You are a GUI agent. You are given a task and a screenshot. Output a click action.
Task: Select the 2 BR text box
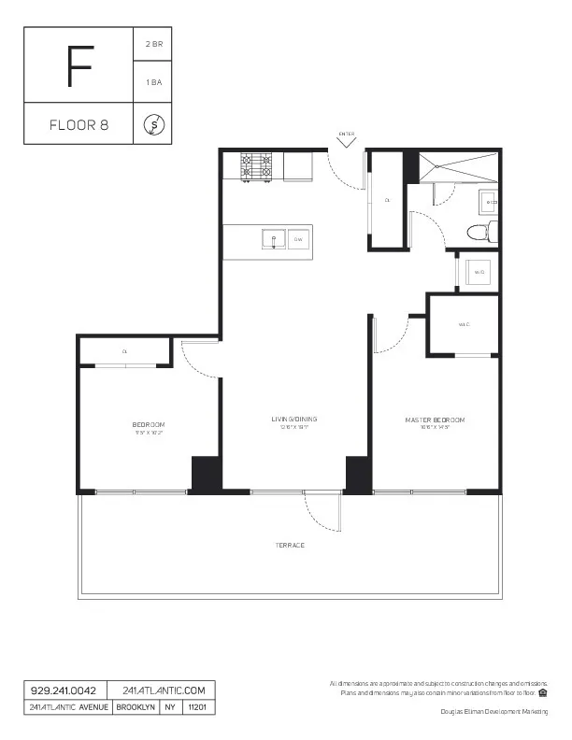pyautogui.click(x=153, y=44)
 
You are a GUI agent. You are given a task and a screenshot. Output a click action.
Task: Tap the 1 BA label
pyautogui.click(x=153, y=83)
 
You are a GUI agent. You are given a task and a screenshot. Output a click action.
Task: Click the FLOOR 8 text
pyautogui.click(x=79, y=125)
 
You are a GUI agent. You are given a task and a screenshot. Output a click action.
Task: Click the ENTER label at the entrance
pyautogui.click(x=346, y=134)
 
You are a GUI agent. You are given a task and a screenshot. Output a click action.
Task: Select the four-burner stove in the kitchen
pyautogui.click(x=257, y=165)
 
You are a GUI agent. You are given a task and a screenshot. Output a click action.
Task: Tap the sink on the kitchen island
pyautogui.click(x=273, y=239)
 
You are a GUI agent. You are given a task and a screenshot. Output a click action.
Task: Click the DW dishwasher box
pyautogui.click(x=298, y=239)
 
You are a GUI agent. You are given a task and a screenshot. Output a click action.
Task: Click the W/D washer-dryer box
pyautogui.click(x=479, y=272)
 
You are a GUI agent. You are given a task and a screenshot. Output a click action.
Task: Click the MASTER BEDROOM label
pyautogui.click(x=435, y=420)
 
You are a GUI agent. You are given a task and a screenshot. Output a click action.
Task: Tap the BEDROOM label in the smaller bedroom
pyautogui.click(x=150, y=424)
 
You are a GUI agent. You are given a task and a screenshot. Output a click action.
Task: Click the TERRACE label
pyautogui.click(x=290, y=545)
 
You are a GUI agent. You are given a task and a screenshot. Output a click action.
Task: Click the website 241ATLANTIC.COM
pyautogui.click(x=162, y=690)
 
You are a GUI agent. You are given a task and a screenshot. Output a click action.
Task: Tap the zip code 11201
pyautogui.click(x=198, y=707)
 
